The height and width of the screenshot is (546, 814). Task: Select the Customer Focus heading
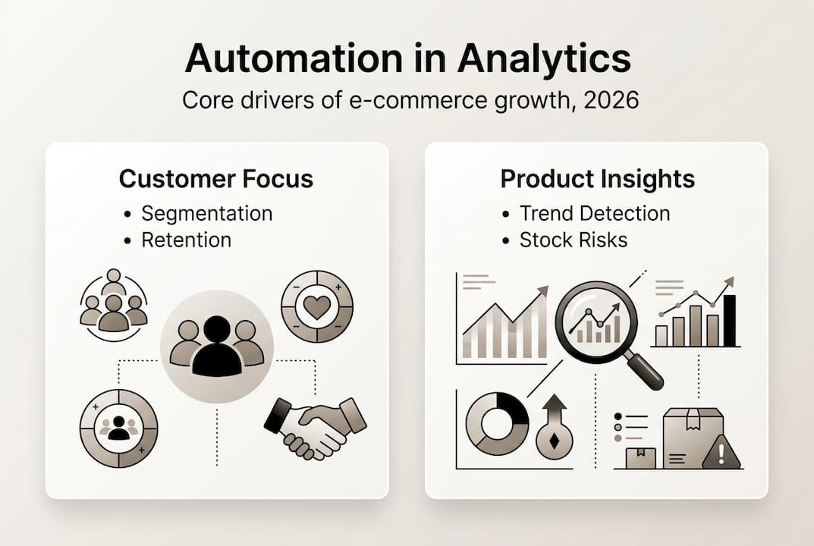coord(216,179)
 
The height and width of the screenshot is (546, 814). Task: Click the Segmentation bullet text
coord(206,213)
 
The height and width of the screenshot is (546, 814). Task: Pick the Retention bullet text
coord(186,240)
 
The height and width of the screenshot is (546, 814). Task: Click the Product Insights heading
coord(597,179)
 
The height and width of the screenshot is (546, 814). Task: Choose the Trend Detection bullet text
coord(594,213)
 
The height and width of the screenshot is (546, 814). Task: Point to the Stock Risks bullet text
coord(573,240)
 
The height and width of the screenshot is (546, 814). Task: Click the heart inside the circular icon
coord(317,306)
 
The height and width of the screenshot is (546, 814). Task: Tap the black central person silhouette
coord(217,347)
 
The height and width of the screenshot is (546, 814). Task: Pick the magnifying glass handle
coord(646,371)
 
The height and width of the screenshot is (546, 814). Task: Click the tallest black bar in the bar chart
coord(730,319)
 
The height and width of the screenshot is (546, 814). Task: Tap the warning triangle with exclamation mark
coord(721,453)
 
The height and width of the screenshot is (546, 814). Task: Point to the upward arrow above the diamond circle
coord(555,409)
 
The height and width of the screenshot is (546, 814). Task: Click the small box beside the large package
coord(641,457)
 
